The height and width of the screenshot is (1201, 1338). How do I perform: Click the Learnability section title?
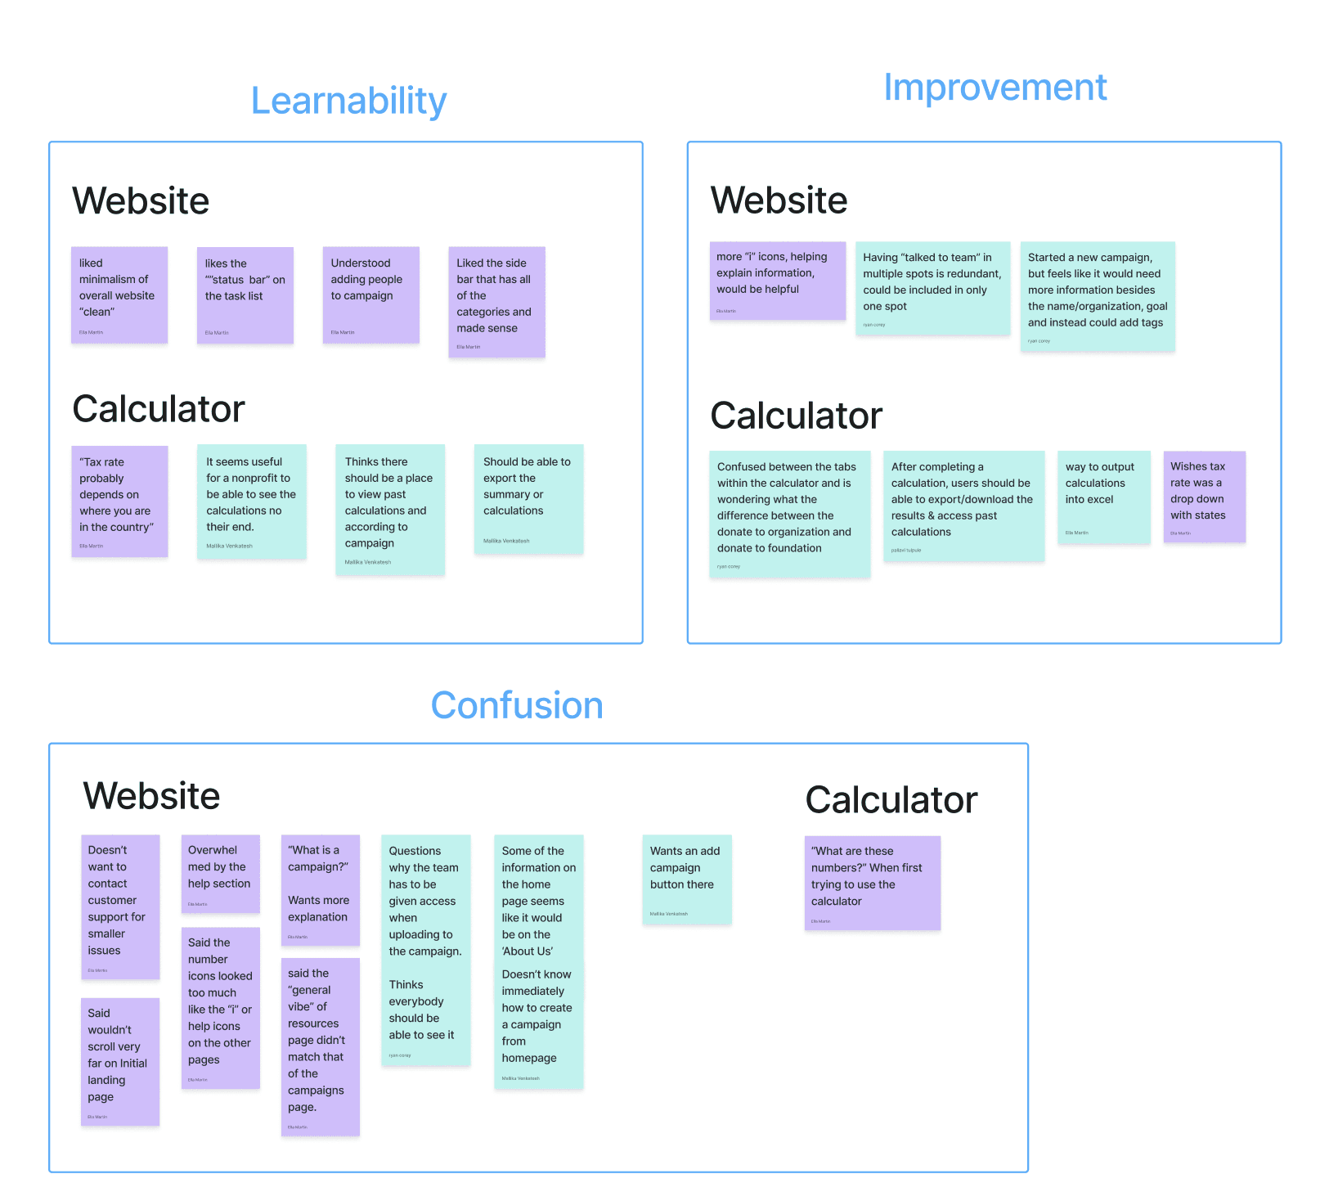pyautogui.click(x=348, y=101)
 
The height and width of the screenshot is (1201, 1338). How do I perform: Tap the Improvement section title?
pyautogui.click(x=995, y=88)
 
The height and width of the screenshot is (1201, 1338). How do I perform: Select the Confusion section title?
pyautogui.click(x=517, y=705)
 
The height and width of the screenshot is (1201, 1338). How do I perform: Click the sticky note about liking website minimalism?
pyautogui.click(x=119, y=295)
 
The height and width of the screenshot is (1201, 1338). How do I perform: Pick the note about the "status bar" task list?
pyautogui.click(x=245, y=295)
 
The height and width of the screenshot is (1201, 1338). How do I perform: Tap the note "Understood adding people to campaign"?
pyautogui.click(x=370, y=295)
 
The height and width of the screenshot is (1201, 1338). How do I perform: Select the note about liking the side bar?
pyautogui.click(x=496, y=301)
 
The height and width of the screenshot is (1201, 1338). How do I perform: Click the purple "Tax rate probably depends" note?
pyautogui.click(x=119, y=501)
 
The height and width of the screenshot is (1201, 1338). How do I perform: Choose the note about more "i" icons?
pyautogui.click(x=777, y=280)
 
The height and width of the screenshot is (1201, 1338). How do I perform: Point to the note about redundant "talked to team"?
pyautogui.click(x=932, y=287)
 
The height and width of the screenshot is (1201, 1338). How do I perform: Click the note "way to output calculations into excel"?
pyautogui.click(x=1103, y=497)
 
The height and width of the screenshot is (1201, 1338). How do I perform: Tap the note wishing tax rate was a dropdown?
pyautogui.click(x=1204, y=496)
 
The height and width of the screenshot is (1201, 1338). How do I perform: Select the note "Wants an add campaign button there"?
pyautogui.click(x=686, y=879)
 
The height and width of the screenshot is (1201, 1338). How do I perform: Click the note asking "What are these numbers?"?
pyautogui.click(x=872, y=882)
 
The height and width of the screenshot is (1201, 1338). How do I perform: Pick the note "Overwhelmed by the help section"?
pyautogui.click(x=220, y=873)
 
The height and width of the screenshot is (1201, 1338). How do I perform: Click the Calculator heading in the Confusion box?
pyautogui.click(x=891, y=800)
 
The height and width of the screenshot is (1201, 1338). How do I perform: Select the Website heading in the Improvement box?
pyautogui.click(x=779, y=200)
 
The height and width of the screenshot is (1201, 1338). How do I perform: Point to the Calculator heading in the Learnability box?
pyautogui.click(x=159, y=409)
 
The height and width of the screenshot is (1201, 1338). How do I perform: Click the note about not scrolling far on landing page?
pyautogui.click(x=119, y=1060)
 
